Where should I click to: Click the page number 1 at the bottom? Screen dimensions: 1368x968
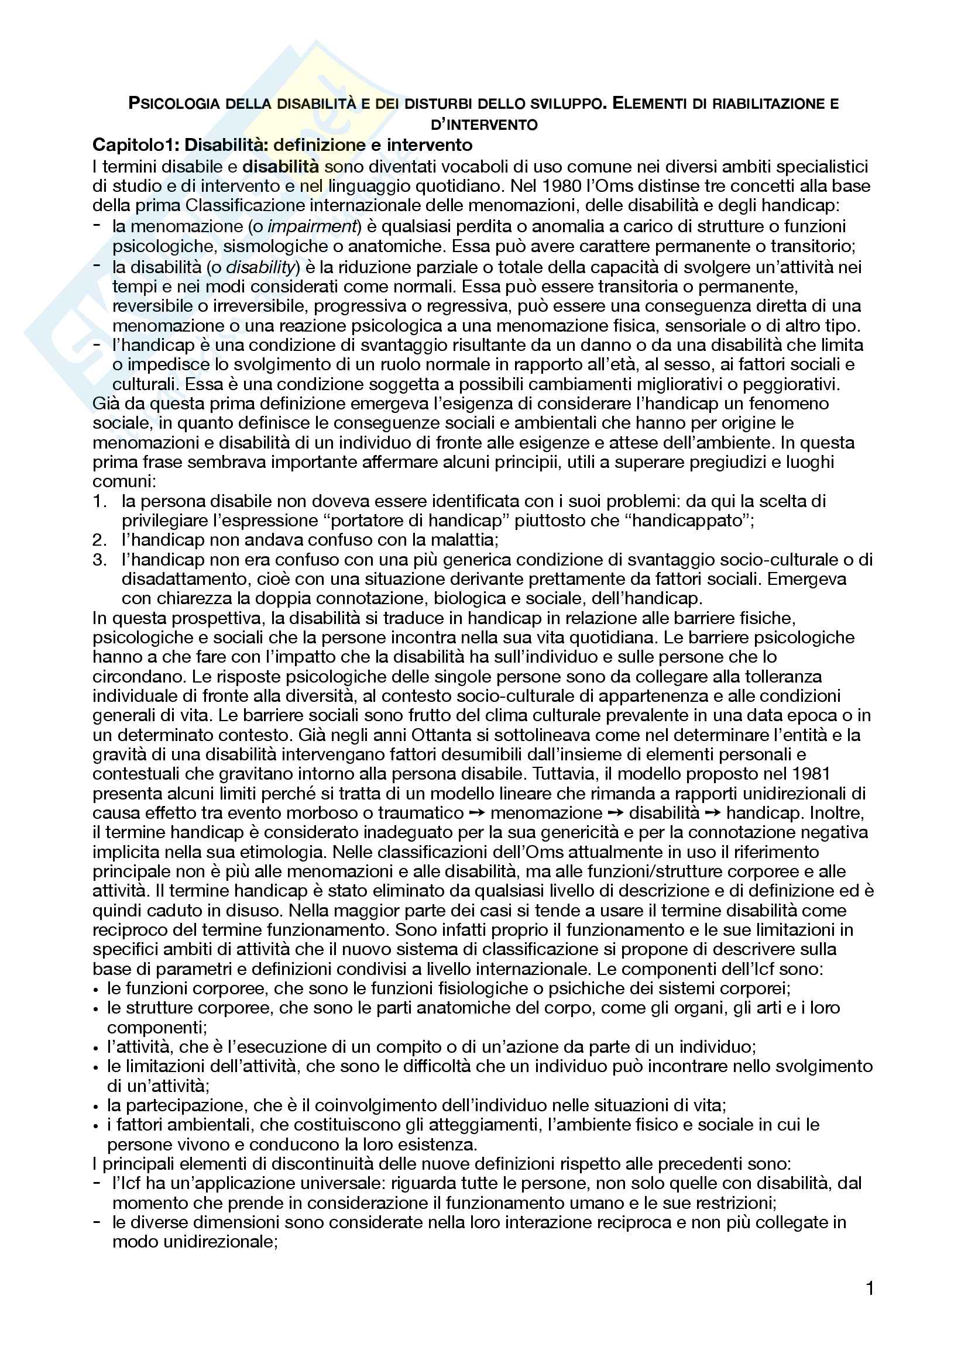click(x=870, y=1289)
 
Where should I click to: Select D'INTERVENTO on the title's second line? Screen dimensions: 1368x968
click(x=484, y=125)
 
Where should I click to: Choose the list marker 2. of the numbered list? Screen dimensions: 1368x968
click(x=99, y=540)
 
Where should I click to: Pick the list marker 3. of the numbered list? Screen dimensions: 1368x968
click(x=99, y=560)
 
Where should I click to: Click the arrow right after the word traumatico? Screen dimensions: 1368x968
click(x=477, y=814)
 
